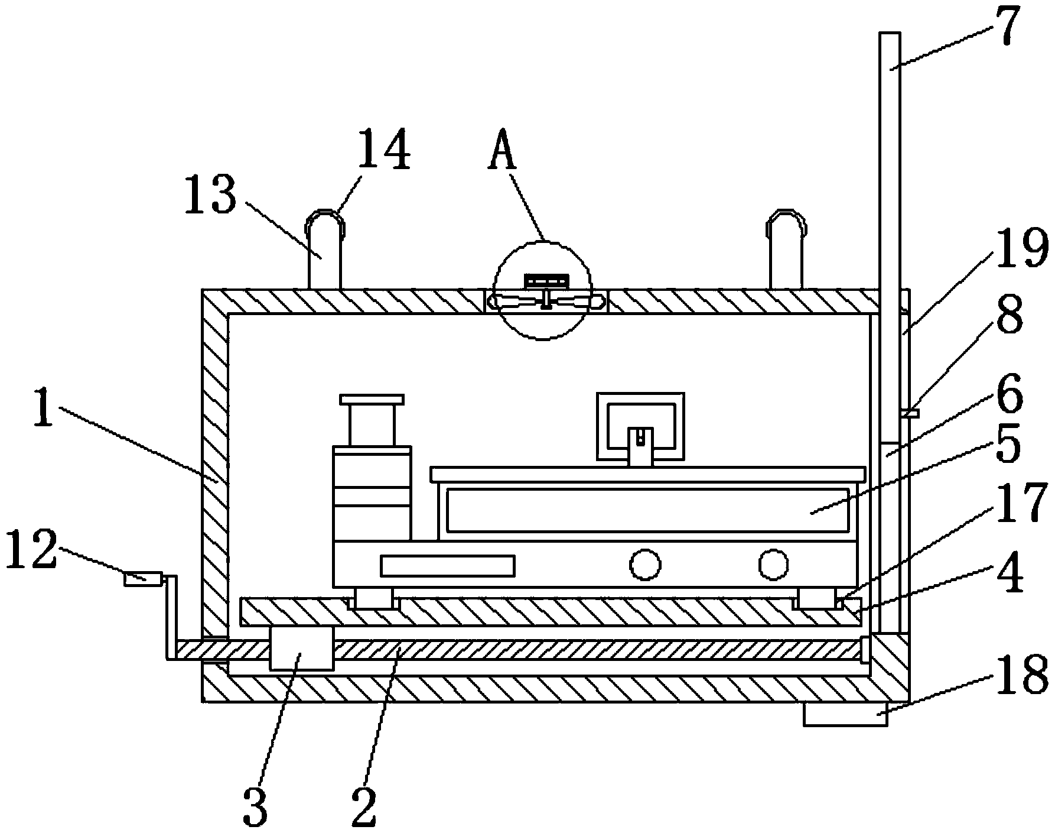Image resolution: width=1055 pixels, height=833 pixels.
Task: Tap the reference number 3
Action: (255, 806)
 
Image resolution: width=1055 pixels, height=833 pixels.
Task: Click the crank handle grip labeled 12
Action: (143, 578)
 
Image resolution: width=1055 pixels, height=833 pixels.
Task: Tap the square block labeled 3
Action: (301, 648)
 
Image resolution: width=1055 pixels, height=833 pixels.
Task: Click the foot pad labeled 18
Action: (845, 714)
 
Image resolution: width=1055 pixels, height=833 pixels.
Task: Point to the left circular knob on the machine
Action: (644, 565)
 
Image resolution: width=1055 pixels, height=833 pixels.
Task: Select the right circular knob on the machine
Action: (773, 565)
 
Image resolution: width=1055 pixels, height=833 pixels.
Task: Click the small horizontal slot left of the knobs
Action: (448, 566)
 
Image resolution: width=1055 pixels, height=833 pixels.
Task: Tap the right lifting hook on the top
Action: (786, 248)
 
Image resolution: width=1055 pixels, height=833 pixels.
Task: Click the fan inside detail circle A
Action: (546, 302)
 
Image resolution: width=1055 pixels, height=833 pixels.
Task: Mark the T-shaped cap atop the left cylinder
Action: (372, 400)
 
